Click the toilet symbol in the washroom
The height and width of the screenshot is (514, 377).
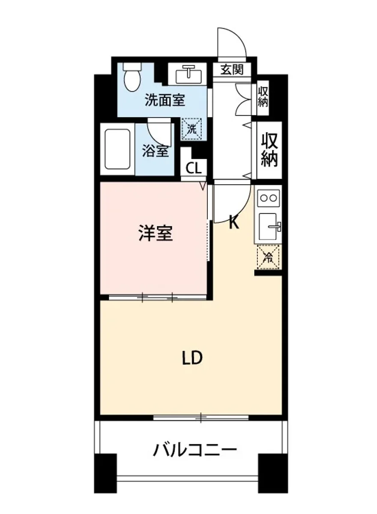click(132, 78)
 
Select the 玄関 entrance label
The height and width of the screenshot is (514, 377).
click(232, 69)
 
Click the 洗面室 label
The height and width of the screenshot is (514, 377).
click(165, 100)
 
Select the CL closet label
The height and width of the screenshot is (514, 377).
click(194, 168)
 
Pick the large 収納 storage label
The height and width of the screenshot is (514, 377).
click(269, 149)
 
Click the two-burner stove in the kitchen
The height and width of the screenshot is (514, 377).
click(269, 197)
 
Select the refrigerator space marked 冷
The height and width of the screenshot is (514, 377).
click(268, 257)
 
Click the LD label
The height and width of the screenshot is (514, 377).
click(191, 358)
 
